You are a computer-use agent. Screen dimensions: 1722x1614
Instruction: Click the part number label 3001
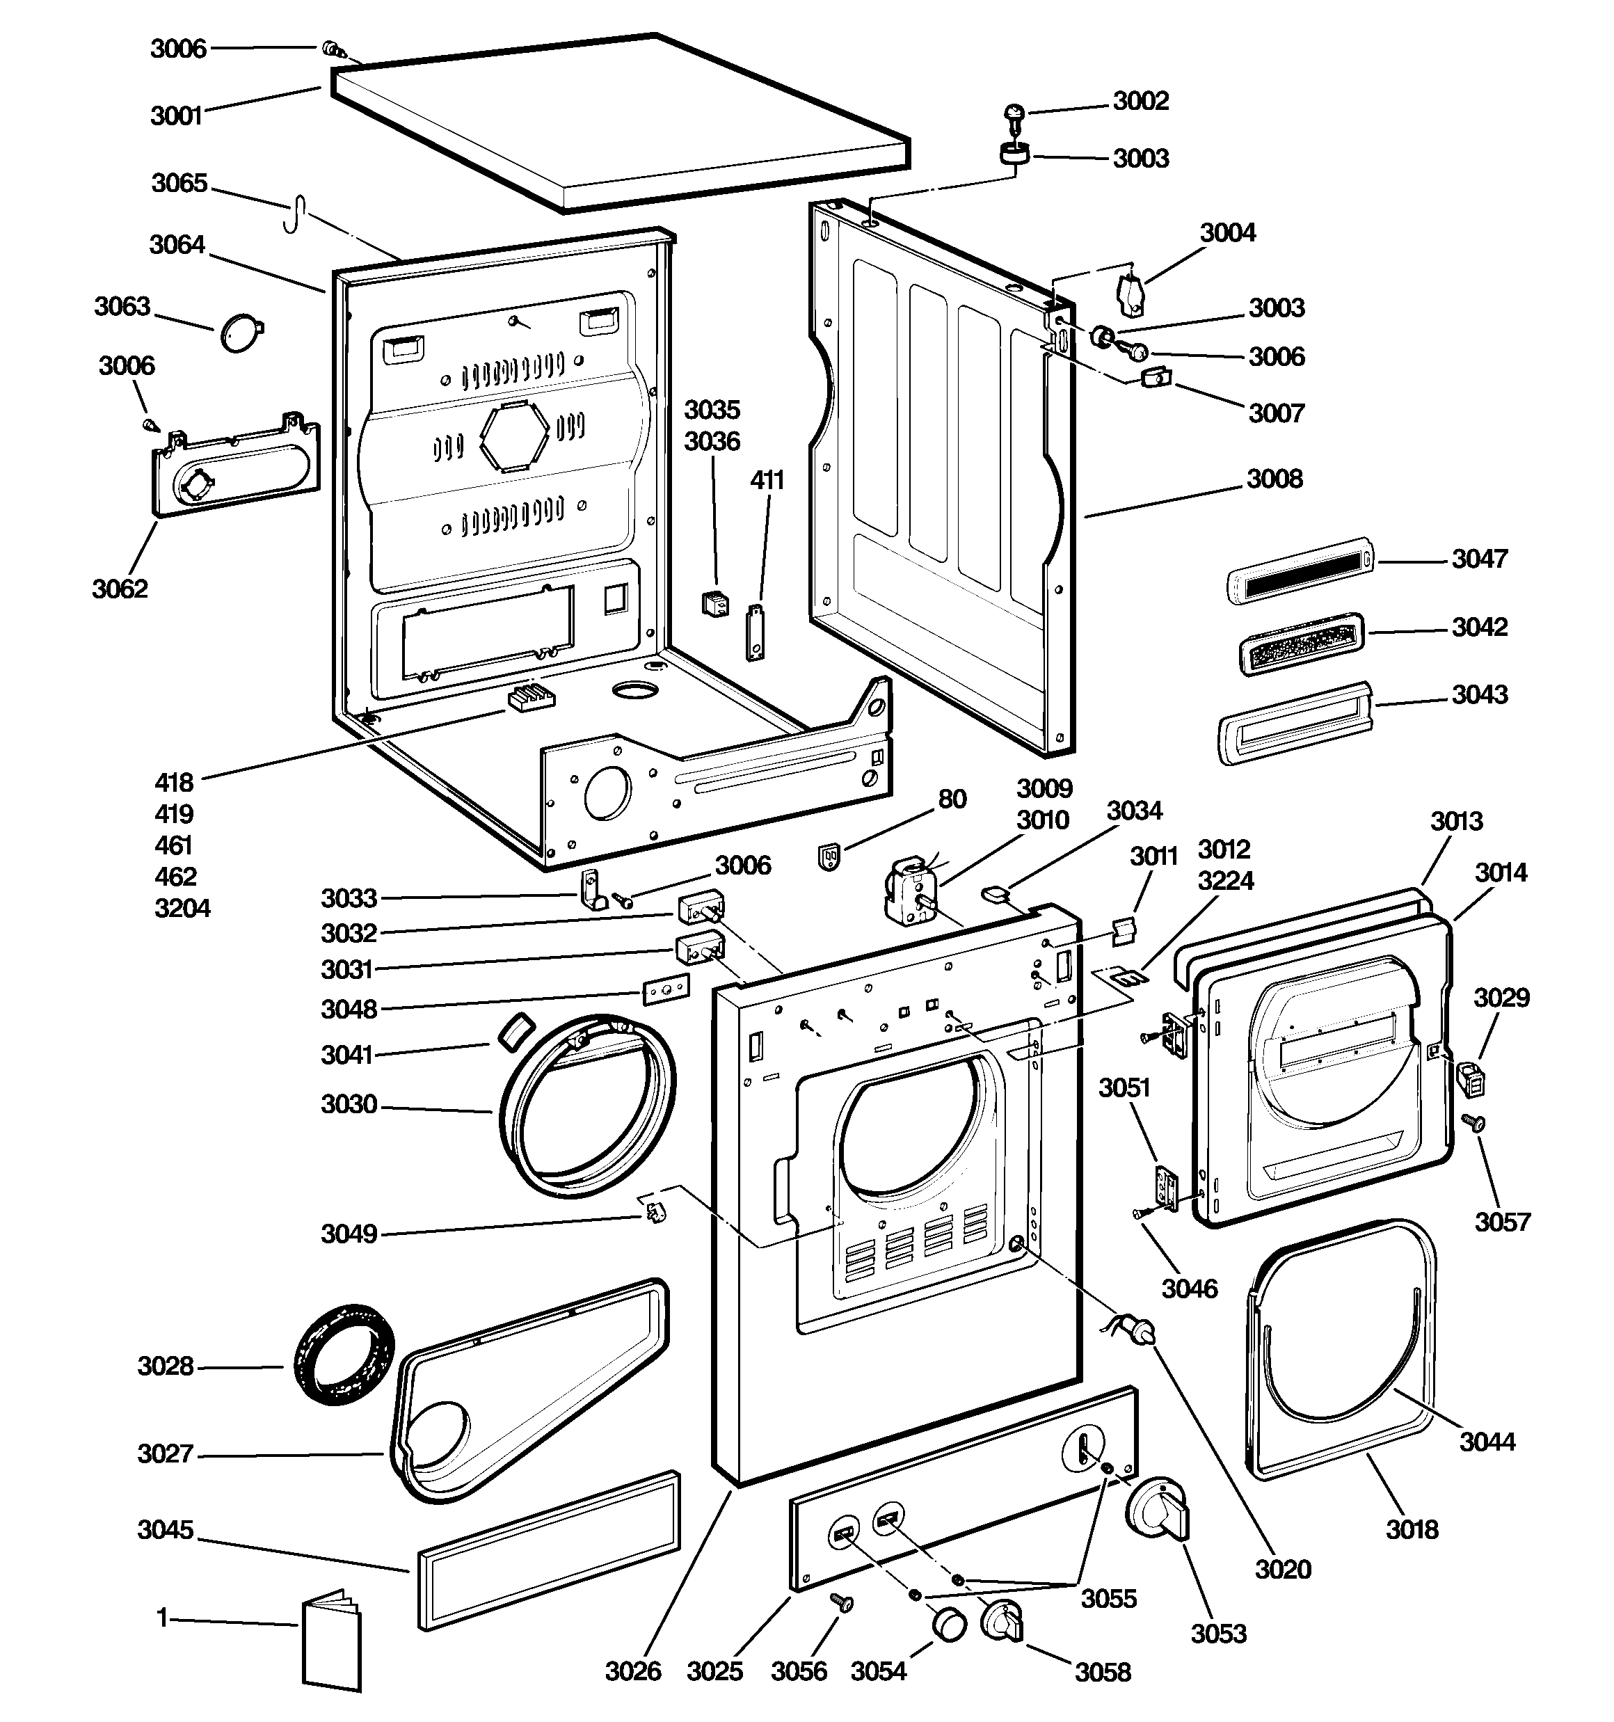point(176,116)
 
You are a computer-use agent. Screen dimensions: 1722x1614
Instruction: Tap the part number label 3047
point(1480,559)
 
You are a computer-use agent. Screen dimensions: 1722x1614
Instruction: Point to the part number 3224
point(1226,881)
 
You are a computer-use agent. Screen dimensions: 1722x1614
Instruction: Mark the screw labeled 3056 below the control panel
point(841,1602)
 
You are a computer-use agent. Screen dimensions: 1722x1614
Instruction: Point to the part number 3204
point(182,909)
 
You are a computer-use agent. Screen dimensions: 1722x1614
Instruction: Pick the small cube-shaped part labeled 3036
point(716,605)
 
